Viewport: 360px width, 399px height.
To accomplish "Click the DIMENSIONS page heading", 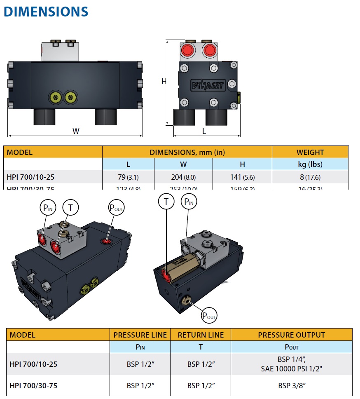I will pos(46,12).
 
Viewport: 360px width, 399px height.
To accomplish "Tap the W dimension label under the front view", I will pos(76,131).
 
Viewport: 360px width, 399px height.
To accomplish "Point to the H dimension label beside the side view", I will pos(164,81).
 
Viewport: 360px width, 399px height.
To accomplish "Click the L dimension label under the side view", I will pos(204,131).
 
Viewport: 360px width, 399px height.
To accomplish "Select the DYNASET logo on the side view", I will pos(208,85).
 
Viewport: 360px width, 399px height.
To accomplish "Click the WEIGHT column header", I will pos(310,152).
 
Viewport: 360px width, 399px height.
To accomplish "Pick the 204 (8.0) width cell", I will pos(183,178).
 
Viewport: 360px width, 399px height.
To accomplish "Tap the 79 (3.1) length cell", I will pos(128,178).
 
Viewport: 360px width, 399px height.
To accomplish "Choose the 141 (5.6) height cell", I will pos(242,178).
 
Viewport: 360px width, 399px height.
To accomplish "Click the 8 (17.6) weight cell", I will pos(310,178).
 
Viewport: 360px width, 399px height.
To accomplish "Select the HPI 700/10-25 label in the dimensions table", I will pos(31,178).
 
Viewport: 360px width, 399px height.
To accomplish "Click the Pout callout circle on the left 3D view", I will pos(116,208).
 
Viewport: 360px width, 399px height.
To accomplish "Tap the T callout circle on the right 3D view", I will pos(166,202).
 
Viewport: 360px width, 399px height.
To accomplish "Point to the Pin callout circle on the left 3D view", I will pos(47,208).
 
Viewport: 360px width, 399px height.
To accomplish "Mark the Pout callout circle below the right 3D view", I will pos(209,316).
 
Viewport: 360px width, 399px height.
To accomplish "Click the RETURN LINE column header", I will pos(201,335).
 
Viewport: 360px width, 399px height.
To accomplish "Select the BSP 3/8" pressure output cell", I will pos(291,386).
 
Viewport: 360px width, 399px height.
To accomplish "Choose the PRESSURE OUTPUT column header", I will pos(291,335).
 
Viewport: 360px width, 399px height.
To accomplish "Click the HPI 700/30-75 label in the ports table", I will pos(33,386).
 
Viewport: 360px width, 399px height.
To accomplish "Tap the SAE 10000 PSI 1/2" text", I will pos(291,368).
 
